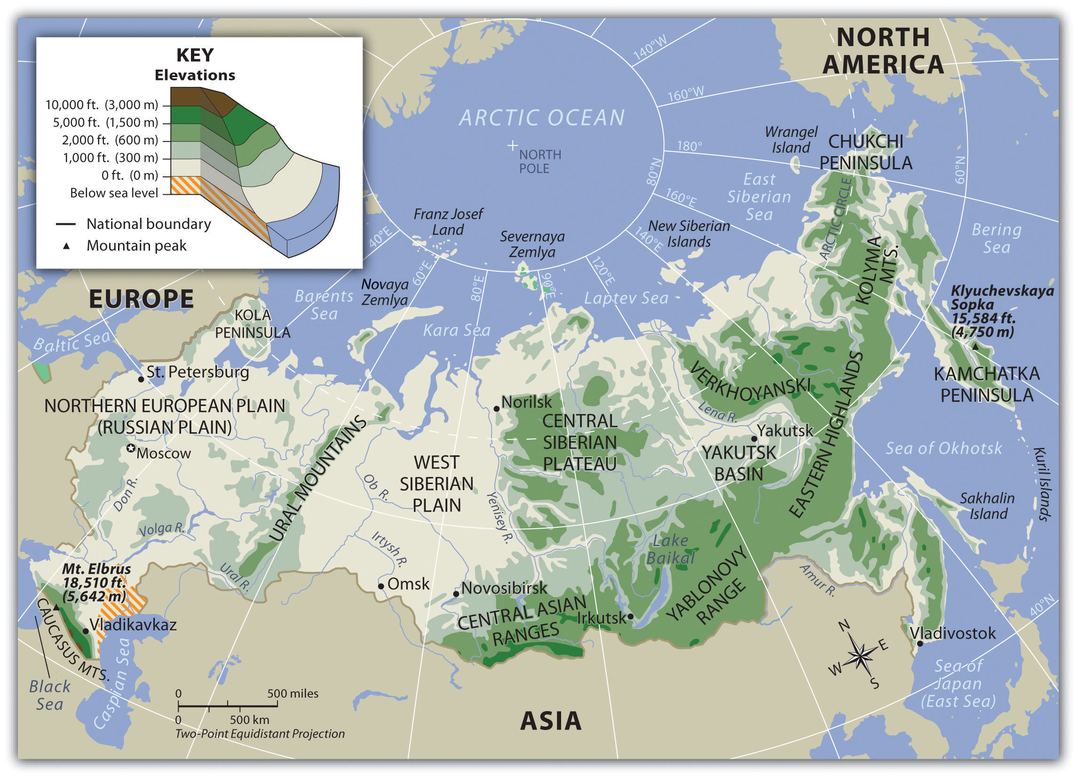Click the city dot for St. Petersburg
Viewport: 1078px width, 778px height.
(x=141, y=379)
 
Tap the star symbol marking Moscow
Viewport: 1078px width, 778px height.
(x=131, y=448)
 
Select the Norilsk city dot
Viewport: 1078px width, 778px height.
(x=496, y=409)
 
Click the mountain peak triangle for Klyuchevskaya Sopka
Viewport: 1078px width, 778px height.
(x=975, y=347)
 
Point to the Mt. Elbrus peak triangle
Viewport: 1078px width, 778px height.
(x=56, y=607)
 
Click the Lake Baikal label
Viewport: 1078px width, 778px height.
(x=670, y=549)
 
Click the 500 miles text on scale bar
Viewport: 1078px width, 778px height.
(x=293, y=693)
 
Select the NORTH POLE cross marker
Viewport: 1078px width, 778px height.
(x=512, y=145)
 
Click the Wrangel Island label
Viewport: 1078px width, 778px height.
(x=791, y=140)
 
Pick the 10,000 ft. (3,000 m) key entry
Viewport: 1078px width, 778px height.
(x=102, y=104)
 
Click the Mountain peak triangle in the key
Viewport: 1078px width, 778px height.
(x=66, y=246)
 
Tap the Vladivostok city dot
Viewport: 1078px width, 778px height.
(x=919, y=643)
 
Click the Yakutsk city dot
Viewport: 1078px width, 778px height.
(x=754, y=439)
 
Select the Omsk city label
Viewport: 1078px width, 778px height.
(x=408, y=584)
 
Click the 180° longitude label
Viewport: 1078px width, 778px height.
(x=689, y=146)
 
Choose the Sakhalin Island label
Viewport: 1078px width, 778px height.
(x=987, y=506)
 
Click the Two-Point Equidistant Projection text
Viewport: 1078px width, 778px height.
(x=260, y=733)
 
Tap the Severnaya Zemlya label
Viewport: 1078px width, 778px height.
(x=532, y=244)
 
